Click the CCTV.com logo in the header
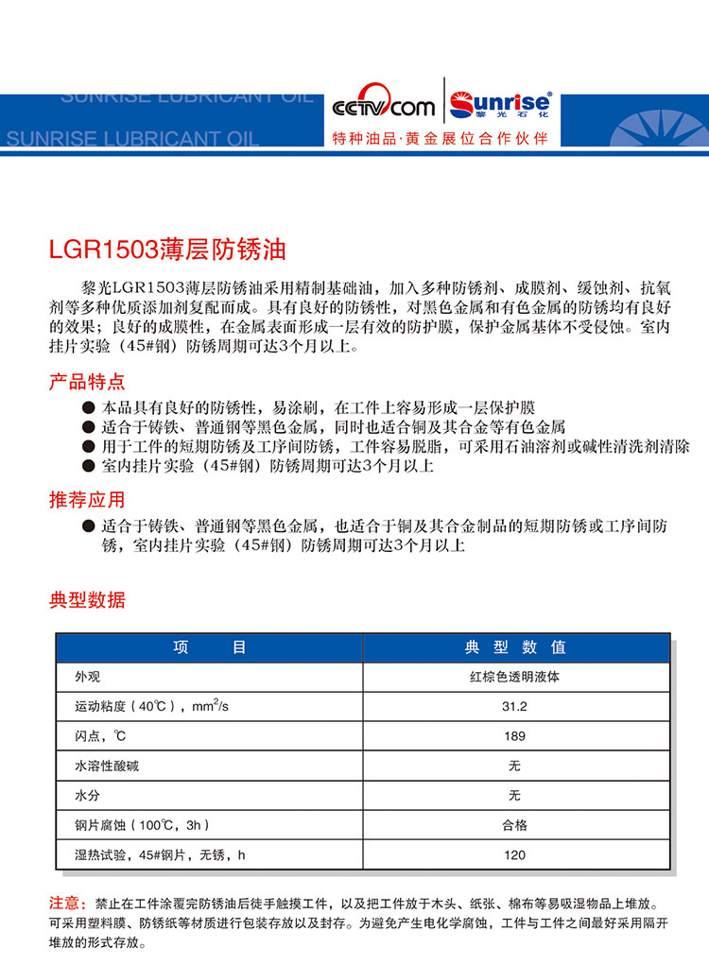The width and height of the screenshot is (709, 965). [x=384, y=107]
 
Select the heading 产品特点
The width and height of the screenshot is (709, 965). [x=87, y=383]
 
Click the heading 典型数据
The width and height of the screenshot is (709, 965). [x=87, y=600]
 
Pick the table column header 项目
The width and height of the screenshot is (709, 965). [x=209, y=647]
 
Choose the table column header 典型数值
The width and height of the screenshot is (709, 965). [x=515, y=647]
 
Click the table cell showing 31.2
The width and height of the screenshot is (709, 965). [x=515, y=706]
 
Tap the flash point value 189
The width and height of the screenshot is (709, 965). [x=515, y=736]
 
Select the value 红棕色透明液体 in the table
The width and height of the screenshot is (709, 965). [x=515, y=677]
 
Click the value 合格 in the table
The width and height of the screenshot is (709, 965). [x=515, y=825]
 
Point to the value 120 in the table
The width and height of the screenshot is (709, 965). [x=515, y=855]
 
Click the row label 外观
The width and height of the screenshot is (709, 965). [x=87, y=677]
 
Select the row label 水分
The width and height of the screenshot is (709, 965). [x=87, y=796]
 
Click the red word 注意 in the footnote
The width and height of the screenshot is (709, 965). [x=68, y=904]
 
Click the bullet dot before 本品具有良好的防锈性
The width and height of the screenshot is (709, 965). [x=89, y=408]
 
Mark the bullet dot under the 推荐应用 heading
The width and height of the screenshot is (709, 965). [x=89, y=526]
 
